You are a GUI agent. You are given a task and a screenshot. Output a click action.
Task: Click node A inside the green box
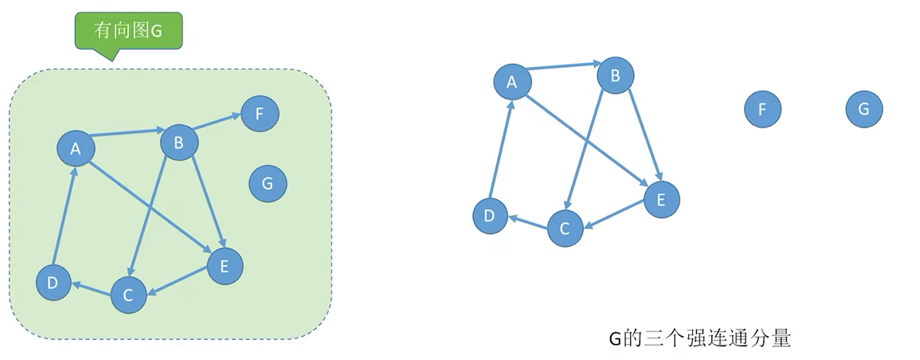pos(76,148)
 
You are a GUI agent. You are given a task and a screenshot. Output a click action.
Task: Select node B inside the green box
pos(179,143)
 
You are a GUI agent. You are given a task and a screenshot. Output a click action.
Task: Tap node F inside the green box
pos(260,114)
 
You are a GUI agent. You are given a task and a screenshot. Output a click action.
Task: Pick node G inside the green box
pos(268,184)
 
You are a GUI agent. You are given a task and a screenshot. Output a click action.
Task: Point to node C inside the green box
pos(128,295)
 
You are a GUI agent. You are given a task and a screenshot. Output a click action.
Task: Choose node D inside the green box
pos(53,283)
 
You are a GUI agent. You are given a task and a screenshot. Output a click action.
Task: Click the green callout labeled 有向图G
pos(129,31)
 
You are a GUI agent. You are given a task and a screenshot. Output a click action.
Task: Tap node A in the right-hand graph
pos(512,81)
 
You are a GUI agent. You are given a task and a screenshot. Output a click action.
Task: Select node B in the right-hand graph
pos(616,76)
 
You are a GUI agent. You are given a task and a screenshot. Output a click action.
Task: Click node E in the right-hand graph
pos(660,199)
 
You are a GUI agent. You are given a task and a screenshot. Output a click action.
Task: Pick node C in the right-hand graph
pos(565,229)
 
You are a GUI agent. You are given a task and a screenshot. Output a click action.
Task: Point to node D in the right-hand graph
pos(490,216)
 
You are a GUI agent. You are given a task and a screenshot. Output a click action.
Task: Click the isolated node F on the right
pos(762,109)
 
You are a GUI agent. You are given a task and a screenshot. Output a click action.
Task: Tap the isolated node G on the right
pos(864,109)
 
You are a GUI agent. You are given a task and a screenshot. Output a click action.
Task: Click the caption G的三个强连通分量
pos(700,338)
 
